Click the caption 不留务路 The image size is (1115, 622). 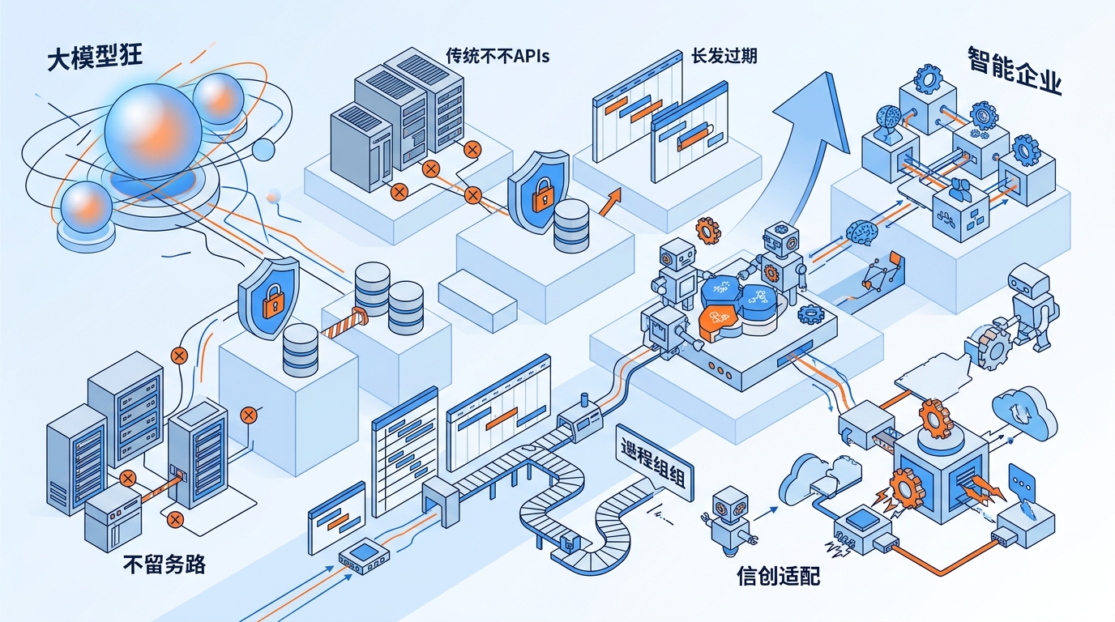click(x=163, y=563)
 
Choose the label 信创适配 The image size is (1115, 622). click(x=778, y=576)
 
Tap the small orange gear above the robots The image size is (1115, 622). click(x=707, y=231)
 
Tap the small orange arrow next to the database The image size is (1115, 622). click(x=610, y=202)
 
